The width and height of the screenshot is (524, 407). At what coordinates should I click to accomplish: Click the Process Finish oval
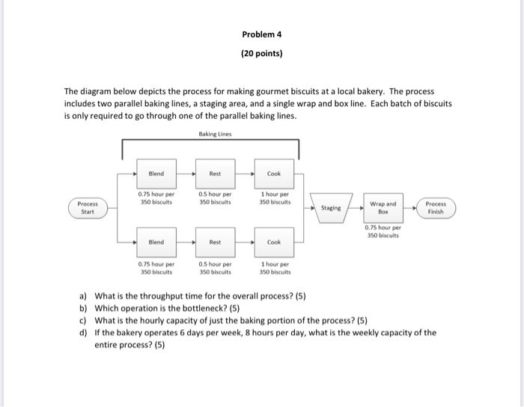434,206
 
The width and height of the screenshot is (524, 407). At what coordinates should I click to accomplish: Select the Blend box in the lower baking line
156,242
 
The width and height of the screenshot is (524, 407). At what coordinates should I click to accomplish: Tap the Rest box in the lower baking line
215,242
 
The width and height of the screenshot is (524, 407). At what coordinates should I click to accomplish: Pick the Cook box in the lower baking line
273,242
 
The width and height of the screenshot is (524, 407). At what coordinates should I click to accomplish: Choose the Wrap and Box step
383,206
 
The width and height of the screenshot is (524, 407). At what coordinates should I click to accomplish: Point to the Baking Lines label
215,134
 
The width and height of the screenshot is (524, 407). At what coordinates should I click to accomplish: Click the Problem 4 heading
262,34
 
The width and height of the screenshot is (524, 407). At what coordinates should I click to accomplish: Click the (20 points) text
262,53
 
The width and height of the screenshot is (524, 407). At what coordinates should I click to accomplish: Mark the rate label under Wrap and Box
383,231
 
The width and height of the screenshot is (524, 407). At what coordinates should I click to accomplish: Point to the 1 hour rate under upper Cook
273,198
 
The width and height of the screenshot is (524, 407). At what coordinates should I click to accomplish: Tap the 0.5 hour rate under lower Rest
215,268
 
